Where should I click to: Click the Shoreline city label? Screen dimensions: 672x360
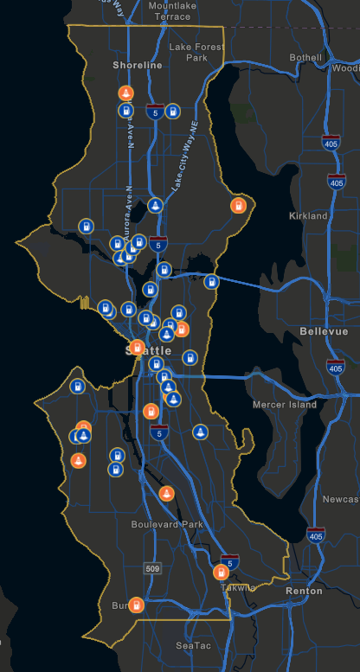pyautogui.click(x=137, y=65)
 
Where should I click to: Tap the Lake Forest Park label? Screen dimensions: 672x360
pyautogui.click(x=196, y=52)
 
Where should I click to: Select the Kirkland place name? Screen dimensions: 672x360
pyautogui.click(x=308, y=215)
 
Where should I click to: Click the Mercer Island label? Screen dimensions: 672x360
pyautogui.click(x=285, y=404)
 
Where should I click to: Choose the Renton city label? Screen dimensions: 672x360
pyautogui.click(x=304, y=591)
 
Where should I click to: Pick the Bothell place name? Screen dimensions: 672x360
pyautogui.click(x=305, y=58)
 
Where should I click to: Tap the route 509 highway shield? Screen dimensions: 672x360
pyautogui.click(x=152, y=569)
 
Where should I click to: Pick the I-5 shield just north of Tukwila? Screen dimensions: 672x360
pyautogui.click(x=229, y=560)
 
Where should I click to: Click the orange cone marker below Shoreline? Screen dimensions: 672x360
pyautogui.click(x=125, y=93)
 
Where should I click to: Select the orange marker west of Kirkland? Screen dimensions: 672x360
pyautogui.click(x=236, y=205)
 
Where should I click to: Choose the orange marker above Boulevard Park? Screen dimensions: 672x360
pyautogui.click(x=167, y=494)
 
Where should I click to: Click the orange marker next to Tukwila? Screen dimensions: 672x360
pyautogui.click(x=221, y=573)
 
